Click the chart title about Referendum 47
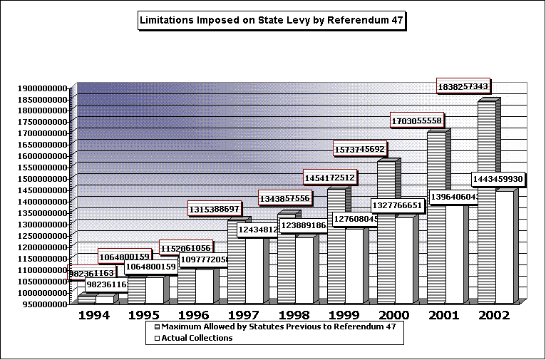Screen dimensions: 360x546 pyautogui.click(x=272, y=21)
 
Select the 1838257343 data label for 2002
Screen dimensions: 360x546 pyautogui.click(x=463, y=86)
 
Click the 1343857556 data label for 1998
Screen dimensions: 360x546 pyautogui.click(x=284, y=198)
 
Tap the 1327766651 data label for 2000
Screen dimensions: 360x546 pyautogui.click(x=397, y=205)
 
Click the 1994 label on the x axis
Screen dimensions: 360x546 pyautogui.click(x=94, y=314)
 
